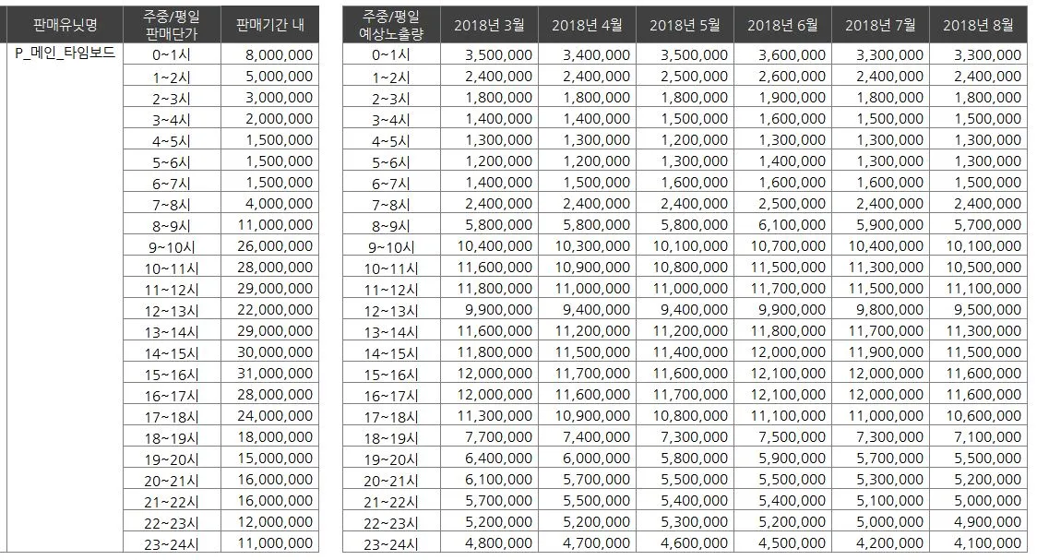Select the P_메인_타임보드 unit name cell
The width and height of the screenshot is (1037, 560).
[66, 54]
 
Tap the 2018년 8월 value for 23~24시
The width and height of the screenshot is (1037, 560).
[983, 544]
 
